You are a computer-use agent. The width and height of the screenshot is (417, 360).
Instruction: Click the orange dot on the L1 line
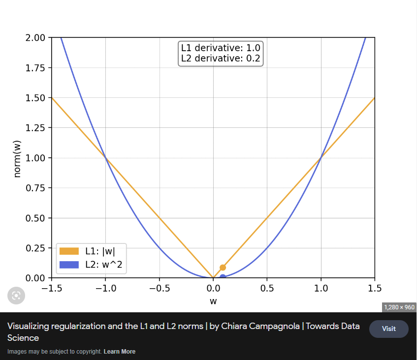click(223, 268)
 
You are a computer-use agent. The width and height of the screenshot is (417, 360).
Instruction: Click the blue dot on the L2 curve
click(223, 277)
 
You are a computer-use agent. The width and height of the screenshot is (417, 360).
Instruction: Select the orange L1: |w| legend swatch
click(69, 251)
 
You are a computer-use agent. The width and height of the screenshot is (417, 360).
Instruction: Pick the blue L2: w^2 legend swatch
click(69, 265)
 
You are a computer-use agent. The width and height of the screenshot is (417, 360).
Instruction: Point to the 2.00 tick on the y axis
click(35, 38)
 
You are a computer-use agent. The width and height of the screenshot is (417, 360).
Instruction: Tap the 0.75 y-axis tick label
click(35, 188)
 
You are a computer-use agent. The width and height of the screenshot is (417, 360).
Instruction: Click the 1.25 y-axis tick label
click(35, 128)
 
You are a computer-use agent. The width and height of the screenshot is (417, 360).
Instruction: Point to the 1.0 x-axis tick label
click(321, 288)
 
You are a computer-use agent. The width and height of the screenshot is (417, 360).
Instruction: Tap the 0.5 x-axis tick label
click(267, 288)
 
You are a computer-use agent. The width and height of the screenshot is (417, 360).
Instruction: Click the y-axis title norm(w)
click(18, 158)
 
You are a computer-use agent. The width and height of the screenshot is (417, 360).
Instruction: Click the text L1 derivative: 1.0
click(221, 48)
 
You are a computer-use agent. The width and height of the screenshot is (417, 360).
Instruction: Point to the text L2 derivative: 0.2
click(221, 59)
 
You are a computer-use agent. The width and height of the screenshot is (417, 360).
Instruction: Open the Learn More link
click(119, 352)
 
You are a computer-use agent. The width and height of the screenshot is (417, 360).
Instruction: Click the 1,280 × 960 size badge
click(399, 307)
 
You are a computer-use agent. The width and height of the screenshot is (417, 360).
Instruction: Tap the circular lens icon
click(16, 295)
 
